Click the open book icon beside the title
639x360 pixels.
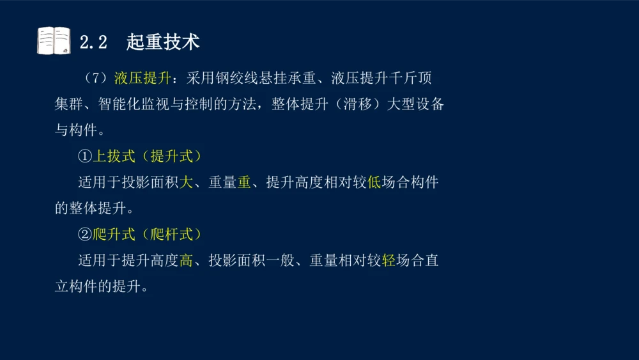point(54,41)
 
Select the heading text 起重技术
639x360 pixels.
point(163,42)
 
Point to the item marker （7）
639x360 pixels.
point(95,79)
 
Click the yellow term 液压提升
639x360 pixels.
point(142,79)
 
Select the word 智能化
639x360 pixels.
point(132,104)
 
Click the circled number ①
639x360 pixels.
point(85,157)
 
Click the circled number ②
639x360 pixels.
point(85,235)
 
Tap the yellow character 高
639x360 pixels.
point(186,261)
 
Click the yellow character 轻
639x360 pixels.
point(388,261)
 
